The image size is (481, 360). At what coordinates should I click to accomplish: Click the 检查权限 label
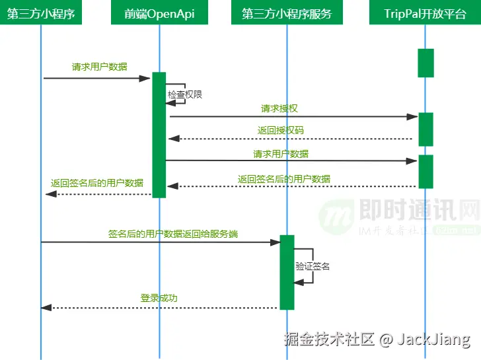click(185, 94)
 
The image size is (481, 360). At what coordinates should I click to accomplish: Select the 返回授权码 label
click(281, 130)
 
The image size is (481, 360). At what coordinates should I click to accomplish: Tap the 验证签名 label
click(313, 266)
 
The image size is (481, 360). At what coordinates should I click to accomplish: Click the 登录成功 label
click(159, 298)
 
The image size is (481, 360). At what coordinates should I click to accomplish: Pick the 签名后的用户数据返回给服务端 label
click(173, 233)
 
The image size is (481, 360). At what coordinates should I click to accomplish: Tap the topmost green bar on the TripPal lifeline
click(425, 63)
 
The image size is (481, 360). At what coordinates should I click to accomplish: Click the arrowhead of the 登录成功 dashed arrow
click(45, 308)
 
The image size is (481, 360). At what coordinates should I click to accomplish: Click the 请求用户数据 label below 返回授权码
click(281, 154)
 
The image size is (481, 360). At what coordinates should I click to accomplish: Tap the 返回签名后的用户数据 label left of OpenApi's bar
click(97, 183)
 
